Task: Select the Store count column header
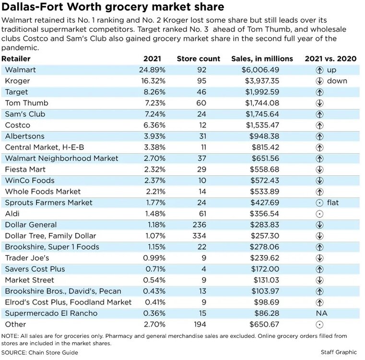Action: click(199, 59)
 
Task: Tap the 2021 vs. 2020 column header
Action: click(330, 59)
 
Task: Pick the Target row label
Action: click(16, 92)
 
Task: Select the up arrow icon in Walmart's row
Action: click(319, 70)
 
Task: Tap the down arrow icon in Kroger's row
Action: click(319, 81)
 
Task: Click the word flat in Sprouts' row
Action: click(332, 203)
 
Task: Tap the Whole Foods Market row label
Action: click(36, 192)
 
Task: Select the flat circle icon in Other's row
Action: click(319, 324)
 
